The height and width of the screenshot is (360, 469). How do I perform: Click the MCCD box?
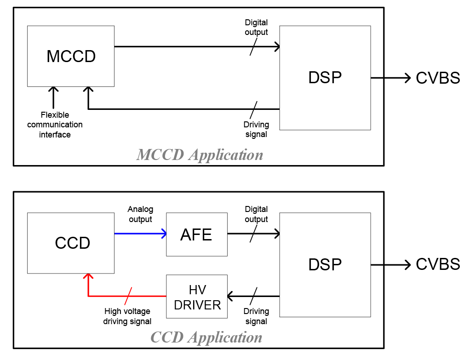tap(71, 56)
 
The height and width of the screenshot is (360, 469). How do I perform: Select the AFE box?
tap(196, 234)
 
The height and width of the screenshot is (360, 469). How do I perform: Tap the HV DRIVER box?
tap(197, 297)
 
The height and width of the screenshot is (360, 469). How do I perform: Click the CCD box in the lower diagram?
tap(71, 243)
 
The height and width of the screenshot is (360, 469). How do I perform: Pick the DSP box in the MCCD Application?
tap(325, 78)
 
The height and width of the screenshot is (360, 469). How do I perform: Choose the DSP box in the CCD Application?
tap(325, 265)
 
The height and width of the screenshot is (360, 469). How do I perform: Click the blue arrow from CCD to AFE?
tap(140, 234)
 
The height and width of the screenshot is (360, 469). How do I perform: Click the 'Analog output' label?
tap(140, 214)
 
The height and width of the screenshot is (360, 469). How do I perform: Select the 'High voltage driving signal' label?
tap(127, 316)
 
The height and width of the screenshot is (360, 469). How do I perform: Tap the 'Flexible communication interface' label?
tap(55, 125)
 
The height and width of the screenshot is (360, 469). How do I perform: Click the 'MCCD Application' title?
tap(200, 155)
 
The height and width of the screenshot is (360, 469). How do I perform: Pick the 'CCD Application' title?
tap(206, 337)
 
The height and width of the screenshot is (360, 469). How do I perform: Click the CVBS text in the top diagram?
tap(438, 78)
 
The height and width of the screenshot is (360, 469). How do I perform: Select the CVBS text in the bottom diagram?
tap(438, 264)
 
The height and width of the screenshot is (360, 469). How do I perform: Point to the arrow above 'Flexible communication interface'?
tap(54, 97)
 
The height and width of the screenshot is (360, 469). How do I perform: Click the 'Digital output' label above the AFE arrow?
tap(256, 214)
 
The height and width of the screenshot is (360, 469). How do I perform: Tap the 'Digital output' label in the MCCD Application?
tap(256, 27)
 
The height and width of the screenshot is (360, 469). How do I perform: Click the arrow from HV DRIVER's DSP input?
tap(253, 296)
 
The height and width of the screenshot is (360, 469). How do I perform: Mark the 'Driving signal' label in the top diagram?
tap(256, 129)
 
